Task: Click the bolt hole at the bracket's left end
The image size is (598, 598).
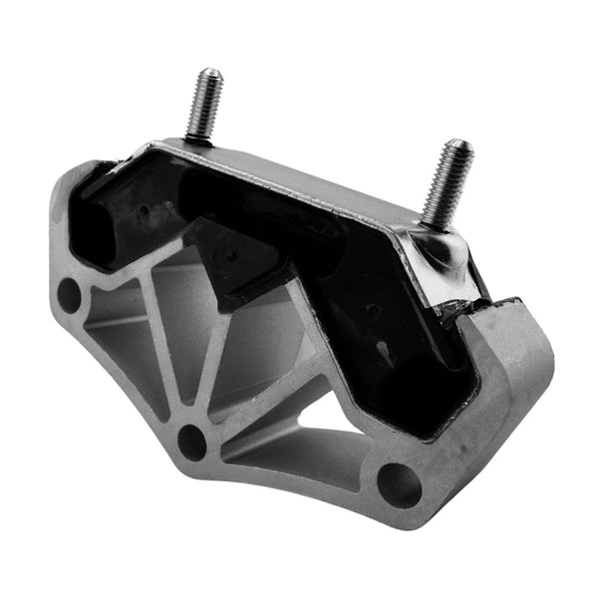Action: pyautogui.click(x=69, y=294)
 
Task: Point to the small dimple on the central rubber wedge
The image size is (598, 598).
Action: pyautogui.click(x=230, y=253)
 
